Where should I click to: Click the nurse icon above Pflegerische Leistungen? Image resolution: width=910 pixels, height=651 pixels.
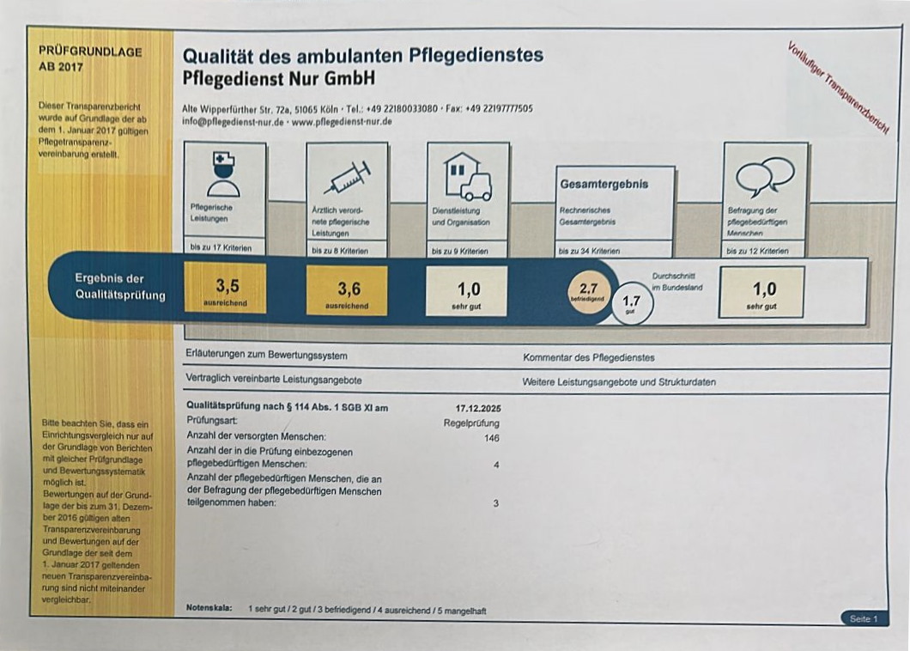224,173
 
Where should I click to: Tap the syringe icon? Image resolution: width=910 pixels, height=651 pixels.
347,177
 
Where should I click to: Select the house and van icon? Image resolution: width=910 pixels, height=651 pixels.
468,176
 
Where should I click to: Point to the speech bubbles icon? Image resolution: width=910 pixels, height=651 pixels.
765,176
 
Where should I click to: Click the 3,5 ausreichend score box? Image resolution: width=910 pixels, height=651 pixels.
225,289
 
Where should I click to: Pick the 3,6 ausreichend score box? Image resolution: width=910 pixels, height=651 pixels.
347,290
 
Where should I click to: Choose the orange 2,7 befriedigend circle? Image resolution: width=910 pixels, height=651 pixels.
589,292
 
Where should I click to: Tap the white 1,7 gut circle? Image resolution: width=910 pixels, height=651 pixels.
632,304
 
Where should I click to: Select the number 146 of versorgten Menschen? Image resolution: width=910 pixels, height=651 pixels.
491,438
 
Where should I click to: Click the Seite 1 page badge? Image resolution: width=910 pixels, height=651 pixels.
863,618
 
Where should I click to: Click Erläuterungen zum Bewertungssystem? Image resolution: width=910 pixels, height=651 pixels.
266,355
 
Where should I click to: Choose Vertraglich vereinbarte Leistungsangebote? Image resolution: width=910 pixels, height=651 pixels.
273,379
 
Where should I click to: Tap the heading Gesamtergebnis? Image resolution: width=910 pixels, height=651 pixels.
604,184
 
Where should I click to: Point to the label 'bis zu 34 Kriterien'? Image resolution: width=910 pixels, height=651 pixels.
589,252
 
